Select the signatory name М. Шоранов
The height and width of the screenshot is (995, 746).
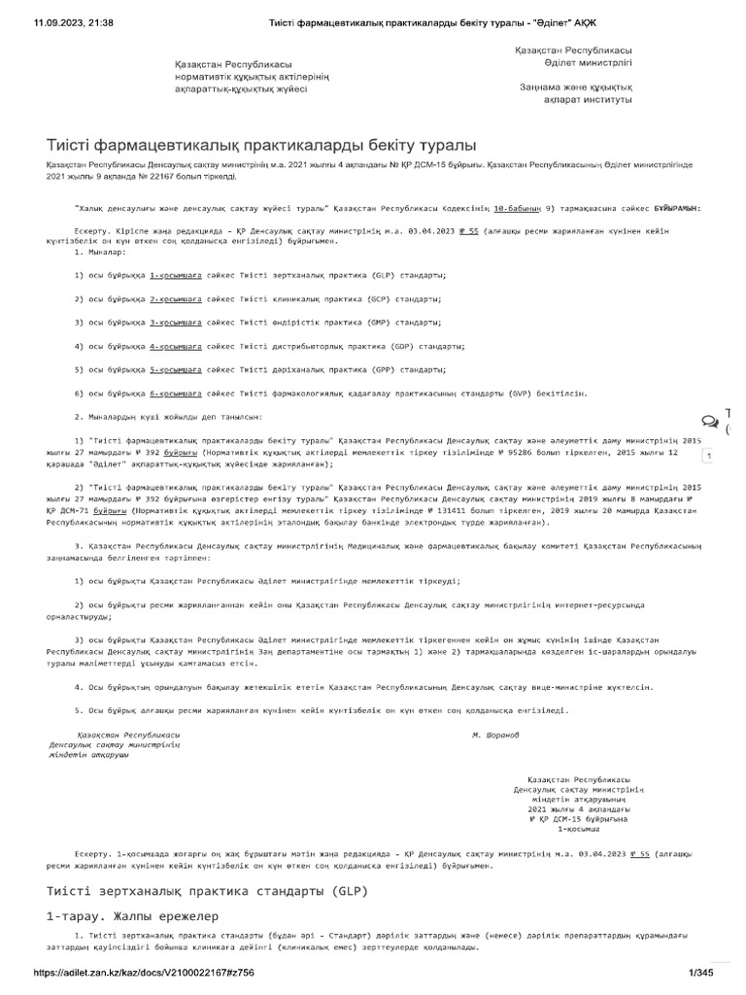(495, 735)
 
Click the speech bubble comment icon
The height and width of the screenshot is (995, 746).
(710, 421)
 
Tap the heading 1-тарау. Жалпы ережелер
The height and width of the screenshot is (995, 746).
(132, 916)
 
